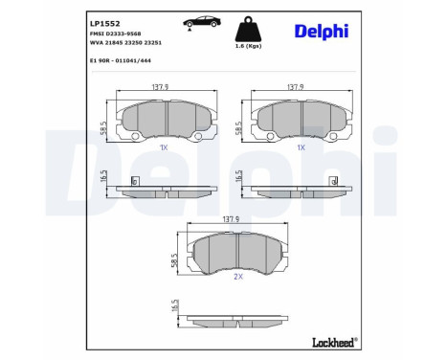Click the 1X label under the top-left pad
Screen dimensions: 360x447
coord(164,147)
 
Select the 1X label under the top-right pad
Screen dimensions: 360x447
coord(301,147)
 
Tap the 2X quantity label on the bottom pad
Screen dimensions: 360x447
coord(237,276)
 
